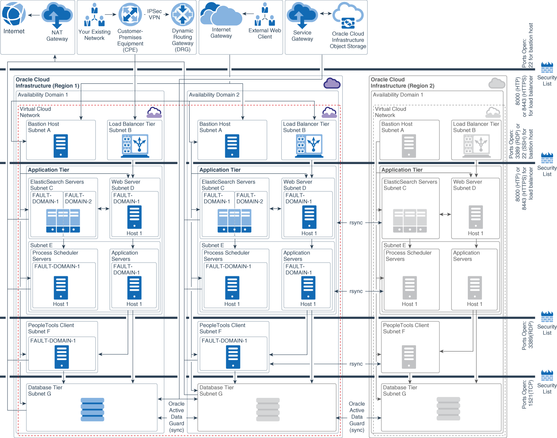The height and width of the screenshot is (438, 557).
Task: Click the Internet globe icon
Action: (14, 14)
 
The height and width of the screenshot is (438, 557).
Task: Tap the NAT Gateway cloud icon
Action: (57, 15)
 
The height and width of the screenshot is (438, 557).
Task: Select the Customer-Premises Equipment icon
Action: (130, 15)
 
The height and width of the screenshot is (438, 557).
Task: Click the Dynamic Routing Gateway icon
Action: (183, 15)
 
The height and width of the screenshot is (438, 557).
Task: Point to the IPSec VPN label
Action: (154, 14)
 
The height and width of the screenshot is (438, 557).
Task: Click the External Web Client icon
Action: (265, 15)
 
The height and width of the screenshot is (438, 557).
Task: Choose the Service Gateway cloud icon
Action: (302, 15)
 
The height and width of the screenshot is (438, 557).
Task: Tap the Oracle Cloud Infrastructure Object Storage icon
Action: (348, 16)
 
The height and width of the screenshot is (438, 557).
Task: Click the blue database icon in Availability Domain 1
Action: (92, 409)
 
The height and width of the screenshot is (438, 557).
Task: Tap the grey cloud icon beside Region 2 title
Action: (497, 83)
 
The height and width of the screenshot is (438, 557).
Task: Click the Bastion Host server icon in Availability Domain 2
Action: (232, 146)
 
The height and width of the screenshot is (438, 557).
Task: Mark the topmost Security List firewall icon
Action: (547, 68)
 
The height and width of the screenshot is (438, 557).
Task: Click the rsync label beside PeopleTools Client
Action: (356, 364)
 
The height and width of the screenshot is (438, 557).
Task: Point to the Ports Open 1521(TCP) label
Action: (527, 394)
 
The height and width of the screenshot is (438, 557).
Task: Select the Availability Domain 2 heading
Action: (214, 95)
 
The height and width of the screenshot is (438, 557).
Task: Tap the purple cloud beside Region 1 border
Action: (332, 83)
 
